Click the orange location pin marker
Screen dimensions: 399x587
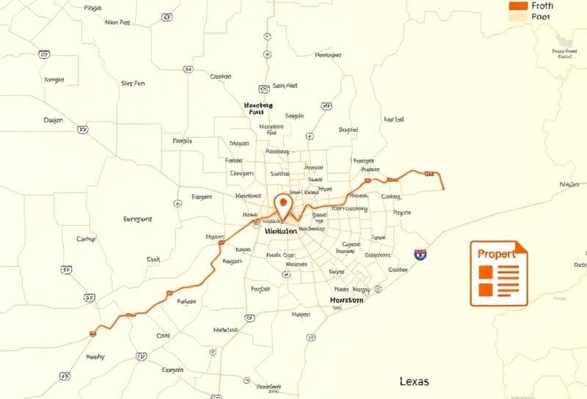(x=282, y=203)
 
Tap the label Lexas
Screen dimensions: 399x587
(x=415, y=381)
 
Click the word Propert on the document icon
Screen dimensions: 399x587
(x=497, y=253)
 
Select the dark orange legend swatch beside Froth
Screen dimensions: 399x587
(x=518, y=5)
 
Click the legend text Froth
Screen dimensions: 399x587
(x=544, y=6)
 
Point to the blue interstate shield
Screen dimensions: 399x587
(x=420, y=255)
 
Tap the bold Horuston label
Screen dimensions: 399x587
(x=346, y=301)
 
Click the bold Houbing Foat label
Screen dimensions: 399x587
(x=258, y=109)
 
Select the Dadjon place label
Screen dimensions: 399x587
(x=54, y=120)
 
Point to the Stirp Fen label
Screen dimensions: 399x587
(x=133, y=84)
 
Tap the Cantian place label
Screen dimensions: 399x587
(x=220, y=76)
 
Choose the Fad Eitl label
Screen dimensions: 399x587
(x=393, y=119)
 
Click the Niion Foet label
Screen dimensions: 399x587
(x=117, y=23)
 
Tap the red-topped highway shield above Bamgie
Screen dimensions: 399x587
(x=45, y=54)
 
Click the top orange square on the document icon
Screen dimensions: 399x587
(x=485, y=272)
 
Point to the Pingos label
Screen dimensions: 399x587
(x=92, y=8)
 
